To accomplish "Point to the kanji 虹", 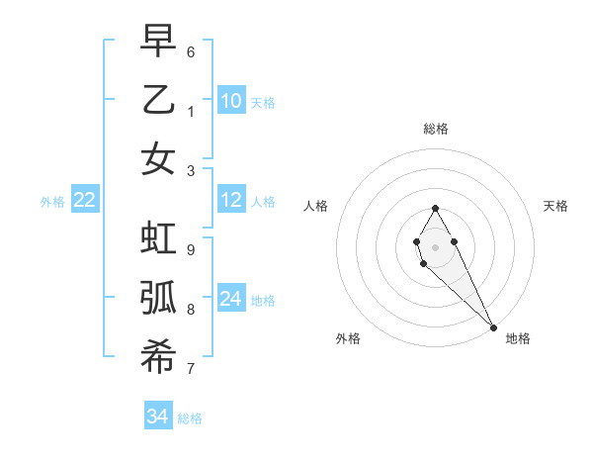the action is pyautogui.click(x=158, y=239).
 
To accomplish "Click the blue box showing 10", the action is pyautogui.click(x=231, y=100).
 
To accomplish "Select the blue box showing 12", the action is pyautogui.click(x=231, y=201).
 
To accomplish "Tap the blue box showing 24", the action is pyautogui.click(x=231, y=299).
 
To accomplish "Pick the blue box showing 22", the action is pyautogui.click(x=85, y=201).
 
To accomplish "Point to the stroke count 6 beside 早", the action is pyautogui.click(x=191, y=51).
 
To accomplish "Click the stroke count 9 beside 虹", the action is pyautogui.click(x=191, y=249).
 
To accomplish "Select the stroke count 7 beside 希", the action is pyautogui.click(x=191, y=369).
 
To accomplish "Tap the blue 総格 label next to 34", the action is pyautogui.click(x=190, y=418).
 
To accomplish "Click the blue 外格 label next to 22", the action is pyautogui.click(x=52, y=202).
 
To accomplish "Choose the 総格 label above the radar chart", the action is pyautogui.click(x=435, y=129).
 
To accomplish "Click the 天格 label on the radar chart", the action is pyautogui.click(x=555, y=206).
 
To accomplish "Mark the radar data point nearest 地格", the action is pyautogui.click(x=493, y=327).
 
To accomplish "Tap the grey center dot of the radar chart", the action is pyautogui.click(x=435, y=247).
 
